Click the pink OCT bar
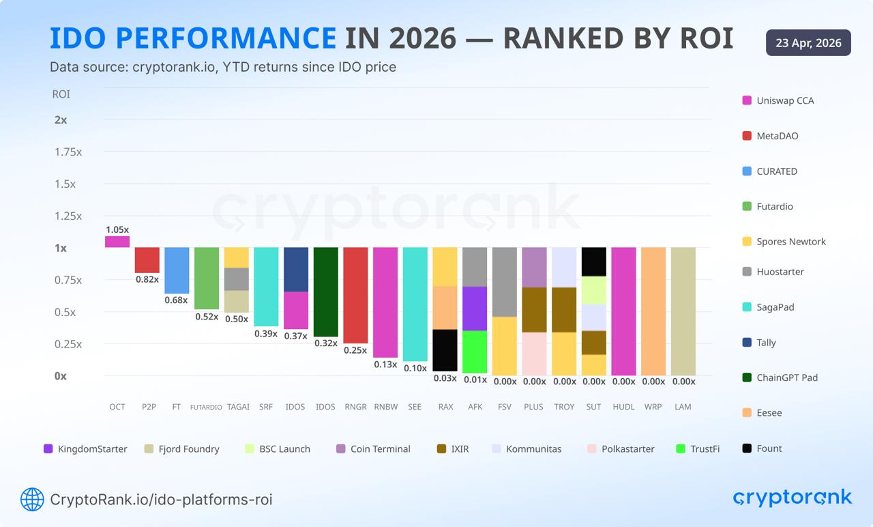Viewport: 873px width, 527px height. (117, 242)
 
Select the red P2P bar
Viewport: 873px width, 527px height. (147, 260)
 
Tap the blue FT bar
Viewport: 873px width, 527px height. (177, 270)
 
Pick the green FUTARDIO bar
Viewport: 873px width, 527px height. (206, 279)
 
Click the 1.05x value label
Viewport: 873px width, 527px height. (117, 229)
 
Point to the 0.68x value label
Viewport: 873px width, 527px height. (176, 300)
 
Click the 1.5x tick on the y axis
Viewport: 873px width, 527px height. (65, 184)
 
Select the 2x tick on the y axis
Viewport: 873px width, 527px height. (61, 119)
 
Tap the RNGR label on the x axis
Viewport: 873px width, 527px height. (355, 407)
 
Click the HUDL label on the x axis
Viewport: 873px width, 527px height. (623, 407)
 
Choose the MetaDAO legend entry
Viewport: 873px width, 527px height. (777, 136)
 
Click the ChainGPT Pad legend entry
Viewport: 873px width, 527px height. (786, 378)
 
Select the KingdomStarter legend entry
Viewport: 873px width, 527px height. (92, 449)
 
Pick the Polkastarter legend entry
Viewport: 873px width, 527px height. (627, 449)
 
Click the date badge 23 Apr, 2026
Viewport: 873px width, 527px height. (808, 43)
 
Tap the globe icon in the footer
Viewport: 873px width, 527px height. (32, 500)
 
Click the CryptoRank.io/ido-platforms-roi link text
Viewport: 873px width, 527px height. (161, 500)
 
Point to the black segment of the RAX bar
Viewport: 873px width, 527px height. (445, 350)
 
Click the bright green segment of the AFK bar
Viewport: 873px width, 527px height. (475, 352)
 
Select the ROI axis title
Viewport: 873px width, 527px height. (61, 94)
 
